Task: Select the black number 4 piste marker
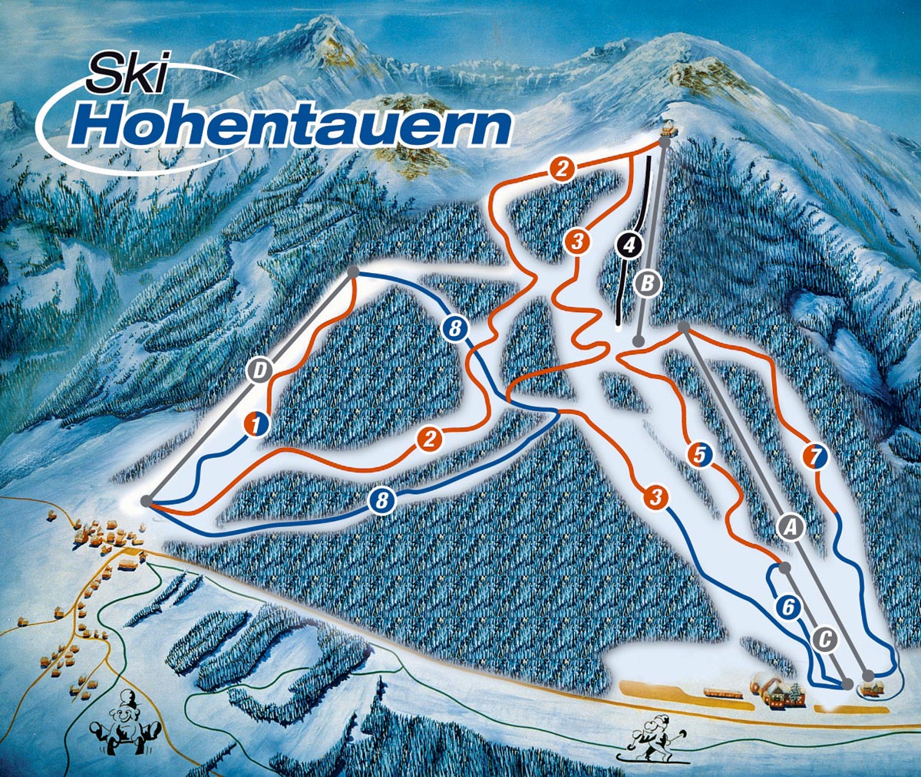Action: [629, 246]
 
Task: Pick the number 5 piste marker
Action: [699, 453]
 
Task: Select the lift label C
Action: [824, 638]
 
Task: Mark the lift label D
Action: [261, 371]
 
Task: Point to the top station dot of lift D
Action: [353, 272]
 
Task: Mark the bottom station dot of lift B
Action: [639, 341]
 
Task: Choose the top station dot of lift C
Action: [784, 568]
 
